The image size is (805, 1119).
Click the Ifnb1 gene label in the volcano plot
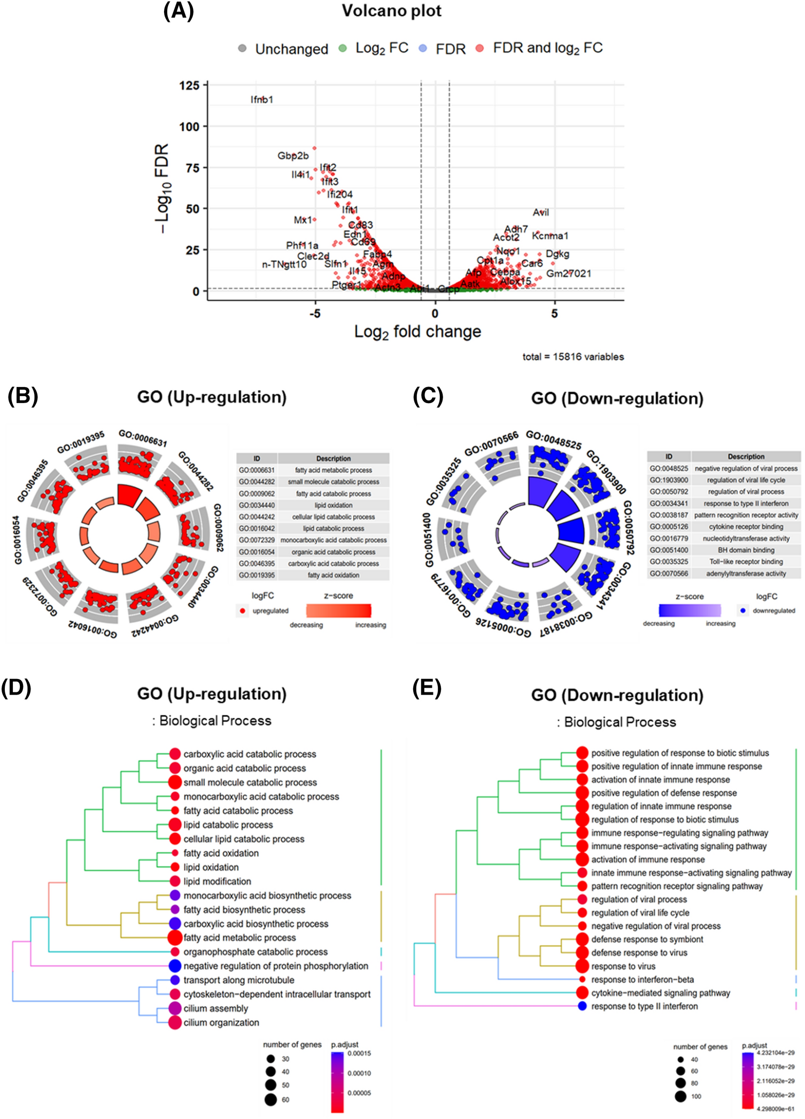point(262,99)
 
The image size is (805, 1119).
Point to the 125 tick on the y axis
point(189,86)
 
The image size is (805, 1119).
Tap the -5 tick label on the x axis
point(315,314)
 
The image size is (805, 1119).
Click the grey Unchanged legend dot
point(242,49)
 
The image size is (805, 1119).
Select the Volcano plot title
point(391,11)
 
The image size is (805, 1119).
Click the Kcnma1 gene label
point(550,236)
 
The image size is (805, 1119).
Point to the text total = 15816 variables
point(573,357)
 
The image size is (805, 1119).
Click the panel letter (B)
point(23,396)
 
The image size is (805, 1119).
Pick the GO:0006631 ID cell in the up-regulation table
point(257,470)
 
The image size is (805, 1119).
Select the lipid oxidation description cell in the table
point(333,505)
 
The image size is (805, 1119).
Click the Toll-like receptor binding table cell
point(746,562)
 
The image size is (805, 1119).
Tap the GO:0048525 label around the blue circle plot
point(553,440)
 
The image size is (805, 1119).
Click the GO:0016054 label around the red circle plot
point(17,540)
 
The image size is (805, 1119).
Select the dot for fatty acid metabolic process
point(175,938)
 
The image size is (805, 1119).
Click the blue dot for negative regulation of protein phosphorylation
point(175,966)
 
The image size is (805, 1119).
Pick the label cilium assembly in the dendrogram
point(215,1009)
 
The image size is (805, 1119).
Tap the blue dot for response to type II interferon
point(582,1006)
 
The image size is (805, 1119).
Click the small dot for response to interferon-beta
point(582,979)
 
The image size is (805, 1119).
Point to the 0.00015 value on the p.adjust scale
point(359,1053)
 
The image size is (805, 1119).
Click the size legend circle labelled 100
point(680,1097)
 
